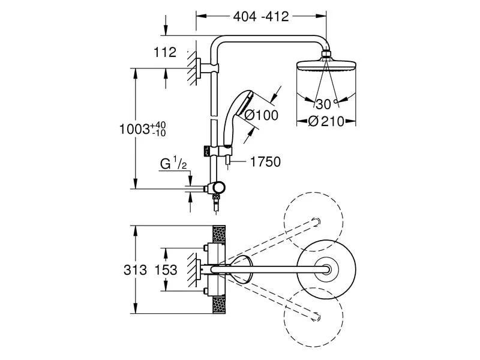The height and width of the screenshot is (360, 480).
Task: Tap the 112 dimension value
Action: click(166, 53)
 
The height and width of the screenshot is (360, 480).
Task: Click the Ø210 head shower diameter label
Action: click(326, 121)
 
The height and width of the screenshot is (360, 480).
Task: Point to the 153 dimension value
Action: click(166, 270)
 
